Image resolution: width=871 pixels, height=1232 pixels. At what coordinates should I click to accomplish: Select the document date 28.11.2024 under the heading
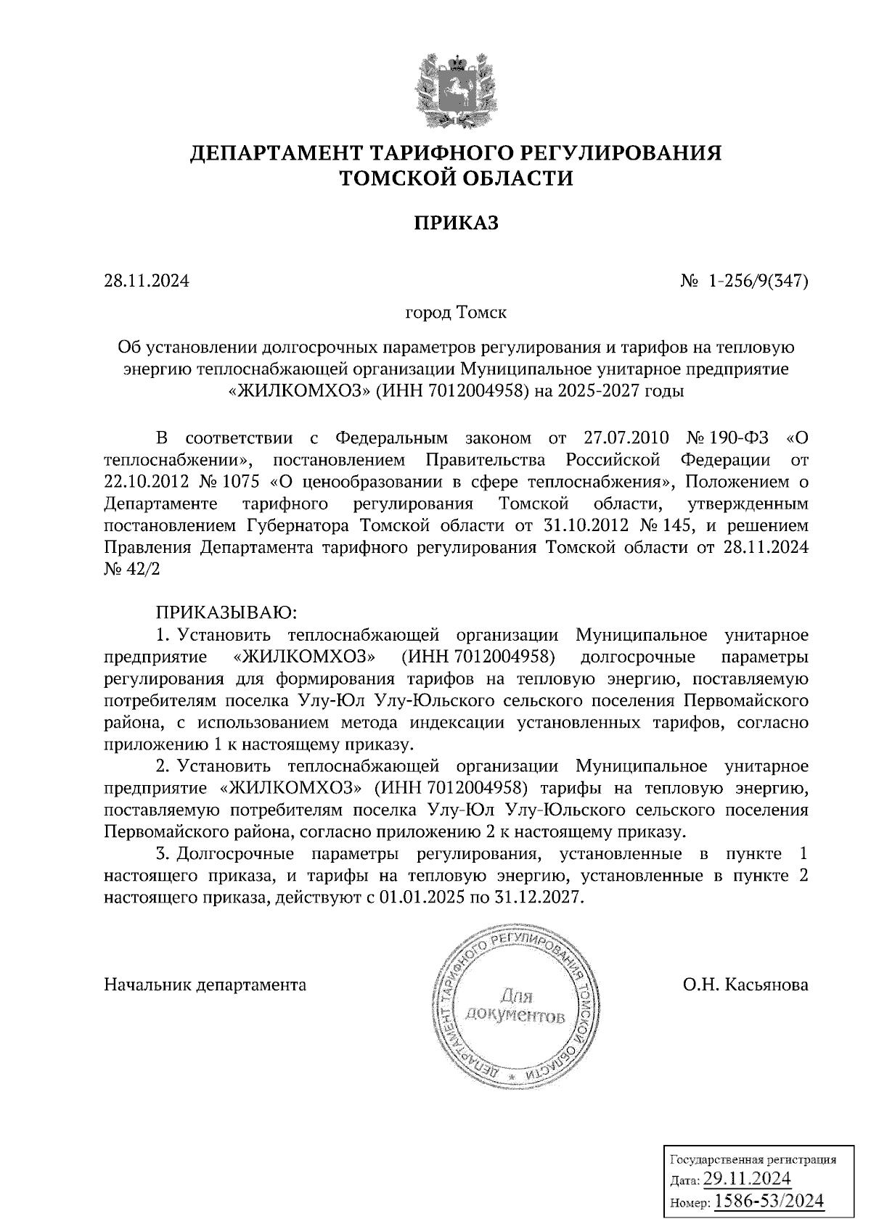(147, 281)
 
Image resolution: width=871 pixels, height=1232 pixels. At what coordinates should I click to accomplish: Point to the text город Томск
(456, 313)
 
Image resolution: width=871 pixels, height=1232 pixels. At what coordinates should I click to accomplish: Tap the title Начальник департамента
(205, 985)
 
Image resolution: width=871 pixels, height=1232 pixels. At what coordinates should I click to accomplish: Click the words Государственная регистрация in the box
(751, 1159)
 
